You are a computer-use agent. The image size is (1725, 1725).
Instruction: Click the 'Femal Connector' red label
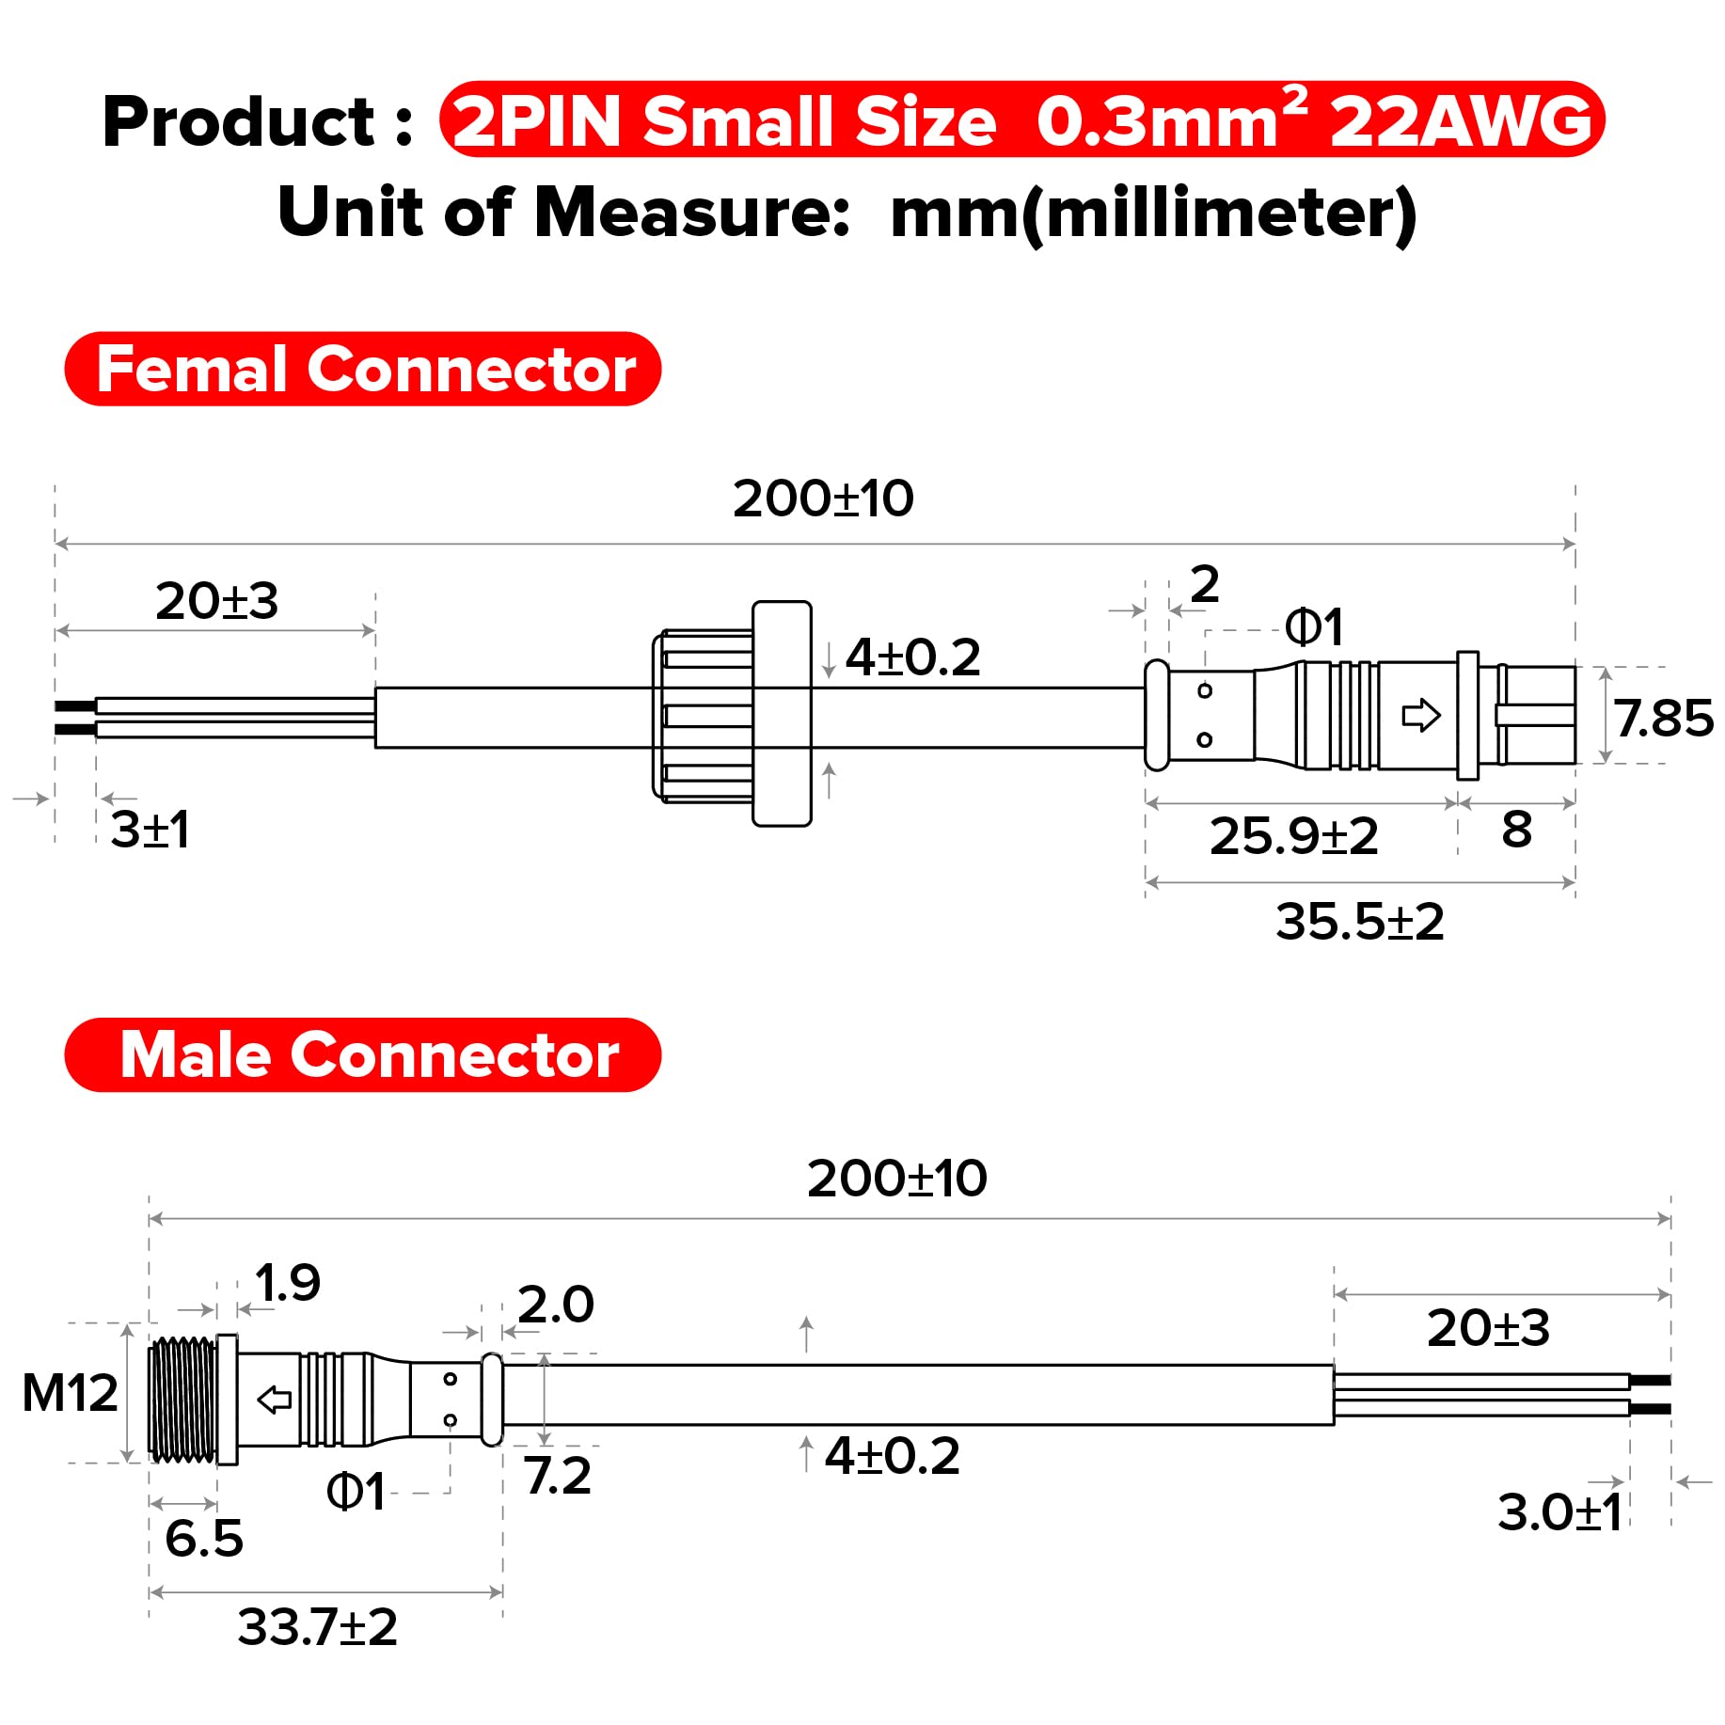point(363,369)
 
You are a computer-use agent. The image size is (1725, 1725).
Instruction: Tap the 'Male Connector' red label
point(363,1054)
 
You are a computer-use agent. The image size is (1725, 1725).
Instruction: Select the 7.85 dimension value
point(1663,718)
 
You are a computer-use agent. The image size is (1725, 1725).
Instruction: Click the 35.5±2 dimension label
point(1359,921)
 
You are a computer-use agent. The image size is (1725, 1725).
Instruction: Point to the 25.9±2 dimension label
point(1293,835)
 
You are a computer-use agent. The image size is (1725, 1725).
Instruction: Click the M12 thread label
point(70,1392)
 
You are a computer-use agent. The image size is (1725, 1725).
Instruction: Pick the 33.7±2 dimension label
point(317,1626)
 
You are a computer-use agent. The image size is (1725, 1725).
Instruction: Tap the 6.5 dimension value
point(203,1538)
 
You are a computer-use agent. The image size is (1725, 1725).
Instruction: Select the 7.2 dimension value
point(558,1475)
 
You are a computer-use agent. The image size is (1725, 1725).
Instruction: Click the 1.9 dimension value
point(288,1282)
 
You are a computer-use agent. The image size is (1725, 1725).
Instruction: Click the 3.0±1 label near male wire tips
point(1559,1512)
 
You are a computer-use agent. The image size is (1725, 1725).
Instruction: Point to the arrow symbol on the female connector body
point(1420,715)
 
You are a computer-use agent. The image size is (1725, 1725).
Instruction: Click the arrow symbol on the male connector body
point(274,1400)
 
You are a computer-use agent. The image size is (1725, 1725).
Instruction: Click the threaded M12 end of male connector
point(182,1400)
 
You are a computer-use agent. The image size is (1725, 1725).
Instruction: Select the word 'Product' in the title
point(239,122)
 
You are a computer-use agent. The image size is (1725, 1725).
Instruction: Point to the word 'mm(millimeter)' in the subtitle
point(1153,213)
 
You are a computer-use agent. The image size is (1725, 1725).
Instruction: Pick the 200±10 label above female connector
point(823,499)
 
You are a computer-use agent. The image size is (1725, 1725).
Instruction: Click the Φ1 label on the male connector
point(356,1492)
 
